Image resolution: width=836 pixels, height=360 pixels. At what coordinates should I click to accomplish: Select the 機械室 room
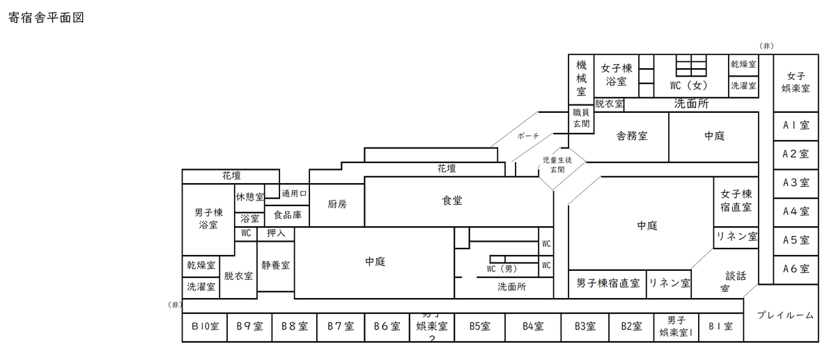pyautogui.click(x=581, y=77)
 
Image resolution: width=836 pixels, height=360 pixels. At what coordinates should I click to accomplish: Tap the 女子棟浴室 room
pyautogui.click(x=616, y=75)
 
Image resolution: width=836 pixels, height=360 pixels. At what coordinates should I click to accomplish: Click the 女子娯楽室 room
pyautogui.click(x=795, y=82)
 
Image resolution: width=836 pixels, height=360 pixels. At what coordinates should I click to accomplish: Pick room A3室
pyautogui.click(x=795, y=183)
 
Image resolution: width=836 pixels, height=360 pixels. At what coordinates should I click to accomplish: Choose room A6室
pyautogui.click(x=795, y=269)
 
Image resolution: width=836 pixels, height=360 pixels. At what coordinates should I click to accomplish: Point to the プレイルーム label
pyautogui.click(x=785, y=315)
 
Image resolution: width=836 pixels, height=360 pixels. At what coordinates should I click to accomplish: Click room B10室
pyautogui.click(x=206, y=326)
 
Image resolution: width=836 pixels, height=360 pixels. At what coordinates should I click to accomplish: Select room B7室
pyautogui.click(x=341, y=326)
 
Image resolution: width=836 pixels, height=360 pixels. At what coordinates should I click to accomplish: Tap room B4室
pyautogui.click(x=533, y=326)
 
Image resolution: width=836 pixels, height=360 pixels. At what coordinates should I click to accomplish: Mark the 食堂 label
pyautogui.click(x=452, y=201)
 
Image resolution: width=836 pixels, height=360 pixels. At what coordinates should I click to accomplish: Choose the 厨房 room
pyautogui.click(x=337, y=205)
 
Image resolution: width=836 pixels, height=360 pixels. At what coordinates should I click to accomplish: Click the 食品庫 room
pyautogui.click(x=287, y=215)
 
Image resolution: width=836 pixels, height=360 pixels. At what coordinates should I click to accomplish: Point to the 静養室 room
pyautogui.click(x=276, y=265)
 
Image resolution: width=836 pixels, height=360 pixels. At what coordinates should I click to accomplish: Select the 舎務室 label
pyautogui.click(x=632, y=136)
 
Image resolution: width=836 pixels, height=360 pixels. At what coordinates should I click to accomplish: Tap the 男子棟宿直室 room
pyautogui.click(x=607, y=283)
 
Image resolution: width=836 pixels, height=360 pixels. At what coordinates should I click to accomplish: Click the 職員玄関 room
pyautogui.click(x=581, y=118)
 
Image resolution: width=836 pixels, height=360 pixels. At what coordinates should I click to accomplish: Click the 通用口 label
pyautogui.click(x=294, y=193)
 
